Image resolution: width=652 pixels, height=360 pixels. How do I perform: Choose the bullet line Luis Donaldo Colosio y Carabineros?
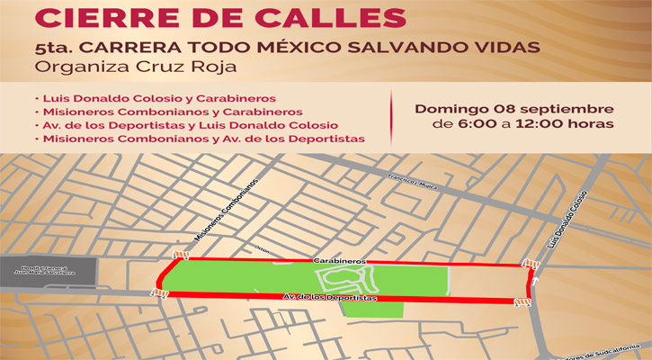[x=154, y=96]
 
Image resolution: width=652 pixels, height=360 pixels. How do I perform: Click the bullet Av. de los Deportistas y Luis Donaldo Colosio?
[x=186, y=124]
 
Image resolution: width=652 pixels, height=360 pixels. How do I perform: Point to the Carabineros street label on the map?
[x=339, y=259]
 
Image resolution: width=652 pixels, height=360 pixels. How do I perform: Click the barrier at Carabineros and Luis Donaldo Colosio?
[x=531, y=264]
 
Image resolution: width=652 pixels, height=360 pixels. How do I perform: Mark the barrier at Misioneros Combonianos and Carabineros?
[x=183, y=255]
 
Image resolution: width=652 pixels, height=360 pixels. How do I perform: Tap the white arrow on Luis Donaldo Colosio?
[x=536, y=280]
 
